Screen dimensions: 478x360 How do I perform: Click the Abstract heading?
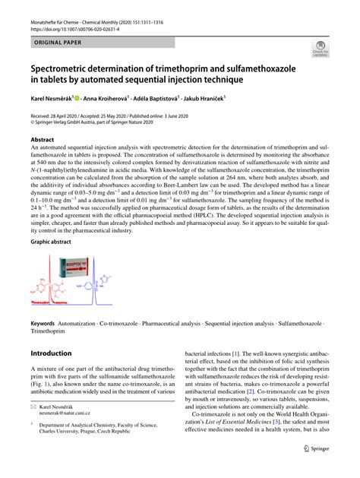(43, 140)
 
